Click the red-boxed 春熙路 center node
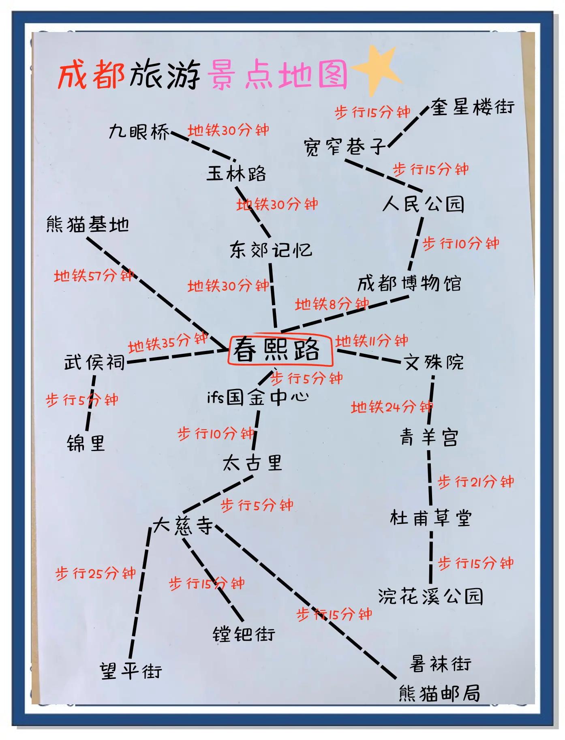click(x=280, y=349)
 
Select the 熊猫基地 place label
click(x=88, y=224)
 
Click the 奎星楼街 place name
click(x=473, y=107)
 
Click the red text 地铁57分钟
click(x=94, y=276)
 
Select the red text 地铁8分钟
click(x=332, y=304)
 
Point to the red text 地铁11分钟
click(x=371, y=341)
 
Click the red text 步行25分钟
click(x=95, y=573)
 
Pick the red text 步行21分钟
click(x=475, y=481)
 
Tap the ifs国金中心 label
click(x=258, y=397)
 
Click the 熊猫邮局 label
click(x=439, y=693)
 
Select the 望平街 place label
click(x=131, y=671)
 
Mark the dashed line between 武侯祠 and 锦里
click(x=91, y=403)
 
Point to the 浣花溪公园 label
click(x=430, y=596)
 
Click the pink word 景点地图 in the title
click(x=278, y=75)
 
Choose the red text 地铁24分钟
click(x=392, y=406)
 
